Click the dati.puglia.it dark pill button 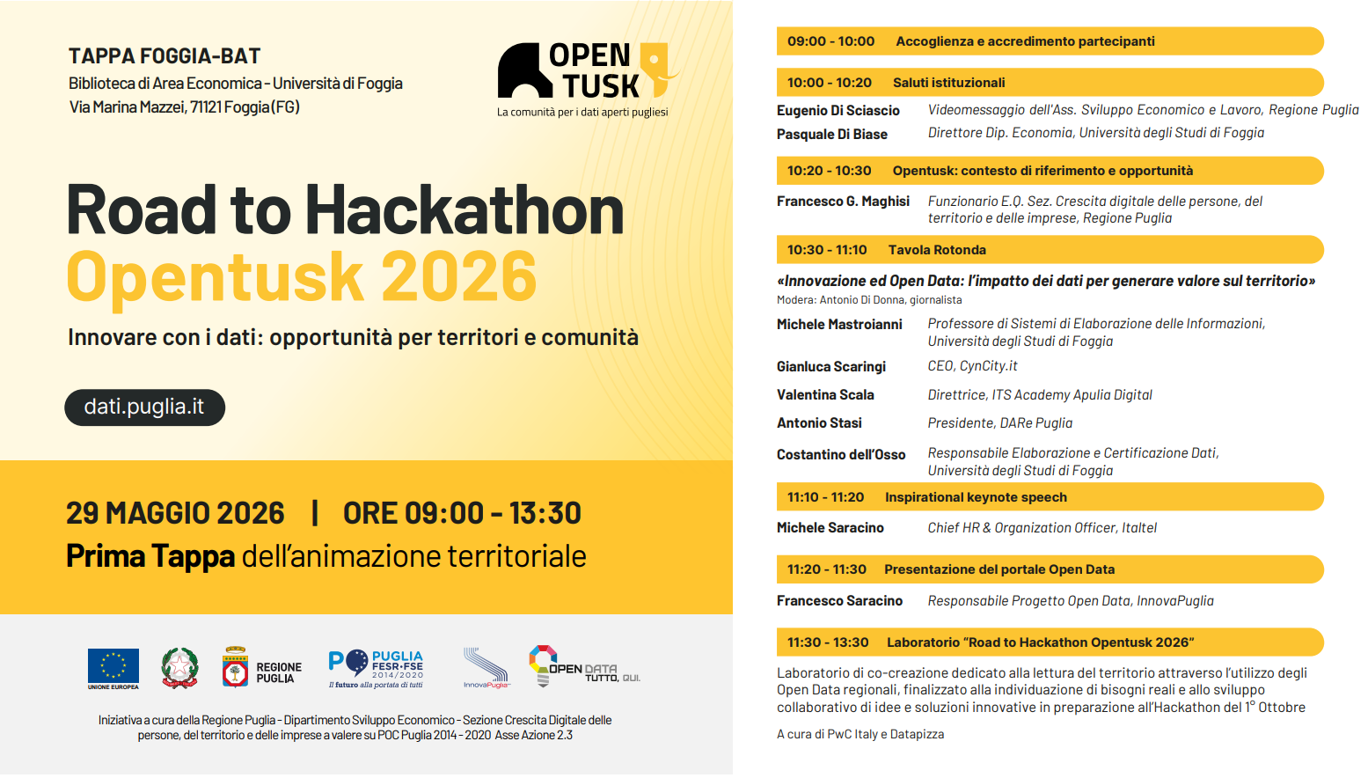[x=145, y=407]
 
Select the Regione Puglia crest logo [x=235, y=667]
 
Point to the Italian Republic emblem [x=179, y=668]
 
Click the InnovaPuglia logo [x=486, y=668]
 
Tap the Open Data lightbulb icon [x=542, y=665]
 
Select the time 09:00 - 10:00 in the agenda [x=830, y=41]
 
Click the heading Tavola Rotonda [x=937, y=250]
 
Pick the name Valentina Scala [x=825, y=395]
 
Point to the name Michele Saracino [x=830, y=527]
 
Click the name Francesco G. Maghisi [x=843, y=202]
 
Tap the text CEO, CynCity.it [x=972, y=366]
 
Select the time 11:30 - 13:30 [x=828, y=642]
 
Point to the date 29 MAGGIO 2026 [x=175, y=513]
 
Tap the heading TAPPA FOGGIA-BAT [x=165, y=56]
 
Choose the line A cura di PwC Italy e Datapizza [x=860, y=734]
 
